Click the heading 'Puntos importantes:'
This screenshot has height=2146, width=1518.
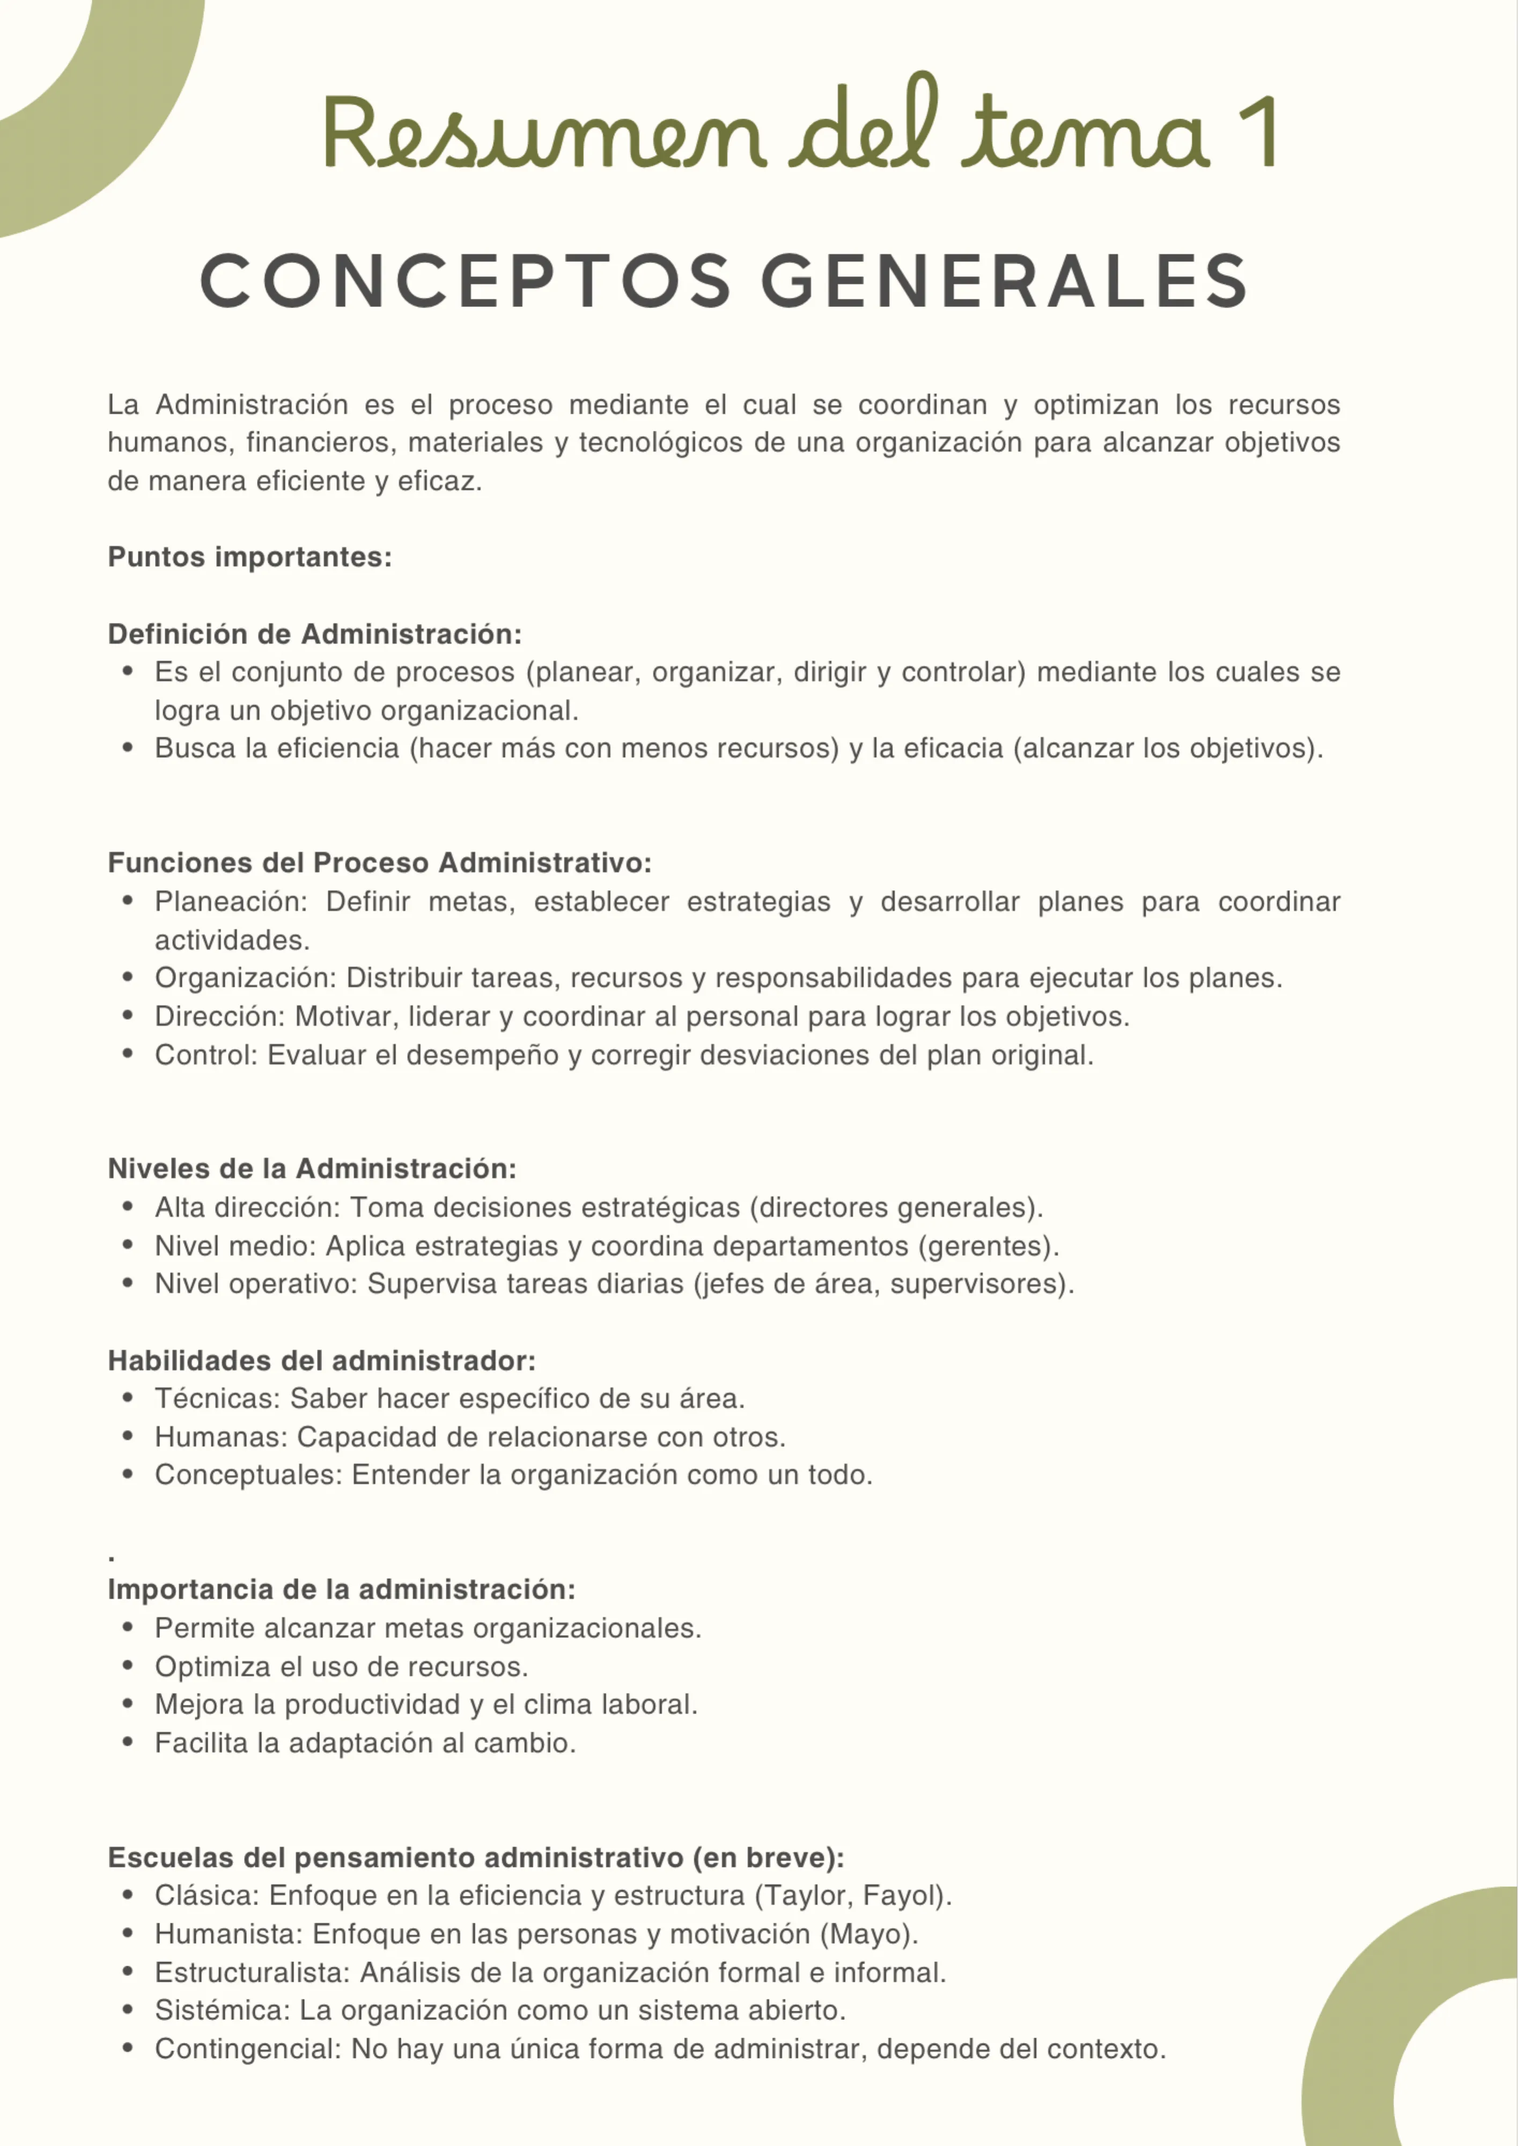249,557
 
